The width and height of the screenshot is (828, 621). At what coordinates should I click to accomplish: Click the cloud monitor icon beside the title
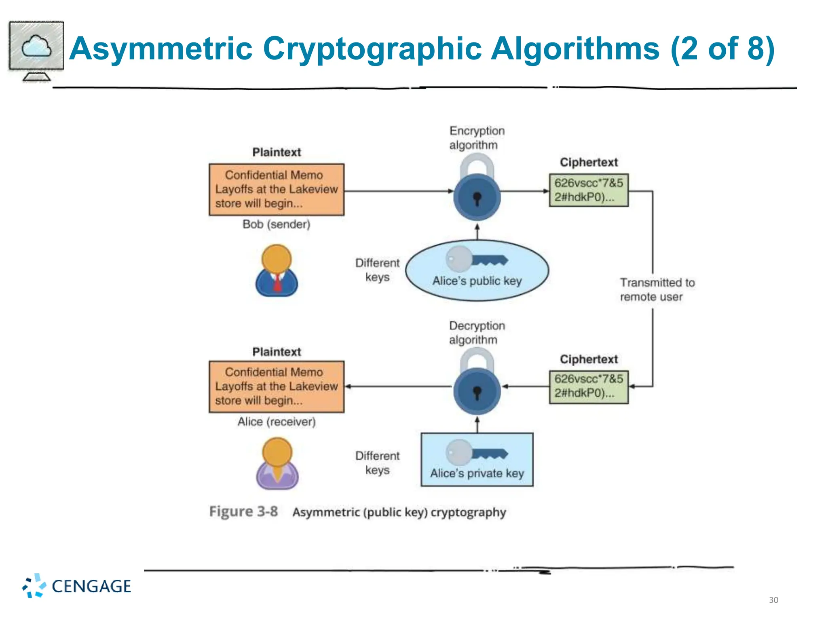[x=36, y=50]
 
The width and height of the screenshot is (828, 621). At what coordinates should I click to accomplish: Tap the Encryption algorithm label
[x=477, y=138]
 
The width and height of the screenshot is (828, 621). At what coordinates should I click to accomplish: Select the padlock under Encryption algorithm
[x=477, y=192]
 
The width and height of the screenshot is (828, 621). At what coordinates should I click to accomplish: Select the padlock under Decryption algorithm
[x=477, y=386]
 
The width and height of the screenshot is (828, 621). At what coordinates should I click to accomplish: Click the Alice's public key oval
[x=477, y=270]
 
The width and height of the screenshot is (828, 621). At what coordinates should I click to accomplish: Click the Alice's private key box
[x=477, y=460]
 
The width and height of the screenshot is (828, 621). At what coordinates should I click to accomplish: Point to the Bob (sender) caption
[x=277, y=224]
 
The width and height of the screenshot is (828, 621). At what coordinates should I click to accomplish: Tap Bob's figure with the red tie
[x=277, y=270]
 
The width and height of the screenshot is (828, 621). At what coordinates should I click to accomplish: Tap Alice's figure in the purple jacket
[x=277, y=464]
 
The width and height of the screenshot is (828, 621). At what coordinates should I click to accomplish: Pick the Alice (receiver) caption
[x=277, y=422]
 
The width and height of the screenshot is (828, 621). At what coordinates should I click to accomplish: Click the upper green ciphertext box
[x=589, y=190]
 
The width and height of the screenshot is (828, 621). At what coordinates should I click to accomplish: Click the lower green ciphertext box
[x=589, y=387]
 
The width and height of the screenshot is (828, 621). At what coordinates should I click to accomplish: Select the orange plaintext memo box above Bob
[x=277, y=189]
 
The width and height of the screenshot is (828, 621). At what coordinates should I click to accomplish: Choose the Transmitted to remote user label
[x=657, y=289]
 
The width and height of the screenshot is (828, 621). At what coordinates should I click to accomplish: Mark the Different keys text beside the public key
[x=377, y=270]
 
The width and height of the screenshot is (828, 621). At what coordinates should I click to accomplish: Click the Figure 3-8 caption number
[x=243, y=511]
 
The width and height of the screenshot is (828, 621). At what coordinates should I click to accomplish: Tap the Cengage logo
[x=77, y=586]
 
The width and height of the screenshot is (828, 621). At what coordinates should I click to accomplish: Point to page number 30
[x=773, y=600]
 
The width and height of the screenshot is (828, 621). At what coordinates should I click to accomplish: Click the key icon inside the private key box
[x=477, y=452]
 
